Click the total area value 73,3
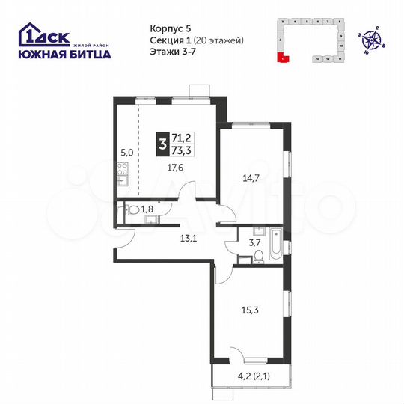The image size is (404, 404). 181,149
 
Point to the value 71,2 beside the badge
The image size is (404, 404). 181,137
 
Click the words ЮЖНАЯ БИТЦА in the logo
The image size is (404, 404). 64,53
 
